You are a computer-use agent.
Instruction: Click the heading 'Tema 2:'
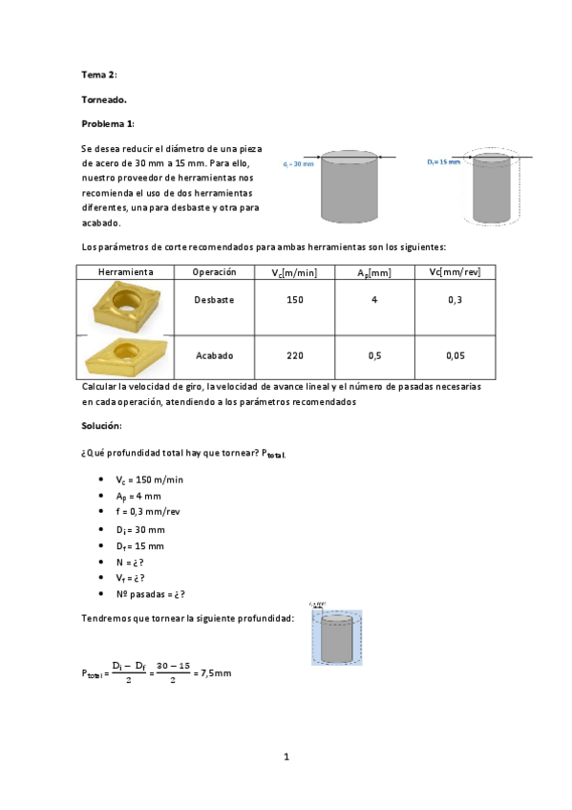(99, 74)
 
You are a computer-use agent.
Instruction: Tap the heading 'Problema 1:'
(108, 123)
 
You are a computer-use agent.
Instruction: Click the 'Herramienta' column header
(126, 272)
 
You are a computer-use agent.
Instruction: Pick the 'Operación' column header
(214, 272)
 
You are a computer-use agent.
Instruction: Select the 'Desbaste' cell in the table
(214, 300)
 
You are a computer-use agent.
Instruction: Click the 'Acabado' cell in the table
(214, 355)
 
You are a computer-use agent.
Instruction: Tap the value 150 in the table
(295, 300)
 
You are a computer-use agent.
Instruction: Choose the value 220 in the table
(295, 355)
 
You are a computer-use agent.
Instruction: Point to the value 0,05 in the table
(455, 355)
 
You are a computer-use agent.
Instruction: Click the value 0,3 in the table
(455, 300)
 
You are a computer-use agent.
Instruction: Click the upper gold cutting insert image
(124, 306)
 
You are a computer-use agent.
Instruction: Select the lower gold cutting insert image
(126, 355)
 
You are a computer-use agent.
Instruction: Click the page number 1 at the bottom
(286, 757)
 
